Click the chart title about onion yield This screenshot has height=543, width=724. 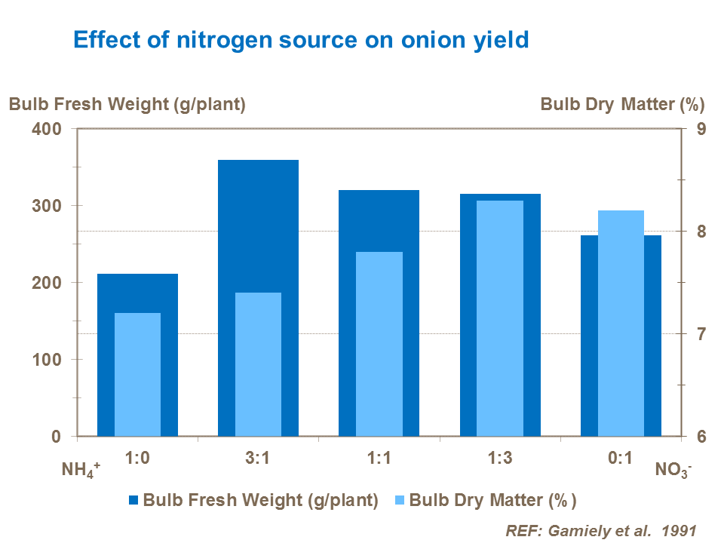point(300,39)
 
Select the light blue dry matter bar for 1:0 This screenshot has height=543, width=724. point(137,374)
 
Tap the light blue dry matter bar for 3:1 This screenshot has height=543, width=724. point(258,364)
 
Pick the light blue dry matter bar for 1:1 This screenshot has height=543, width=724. point(379,344)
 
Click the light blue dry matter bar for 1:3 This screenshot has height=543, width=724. point(500,318)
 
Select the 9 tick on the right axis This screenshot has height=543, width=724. point(700,129)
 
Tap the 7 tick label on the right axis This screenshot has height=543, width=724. point(700,334)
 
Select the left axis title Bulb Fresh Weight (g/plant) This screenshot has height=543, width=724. point(127,105)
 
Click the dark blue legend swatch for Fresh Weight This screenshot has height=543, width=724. point(134,500)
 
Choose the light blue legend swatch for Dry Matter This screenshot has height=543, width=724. point(400,500)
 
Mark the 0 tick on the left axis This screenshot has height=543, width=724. point(56,437)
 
